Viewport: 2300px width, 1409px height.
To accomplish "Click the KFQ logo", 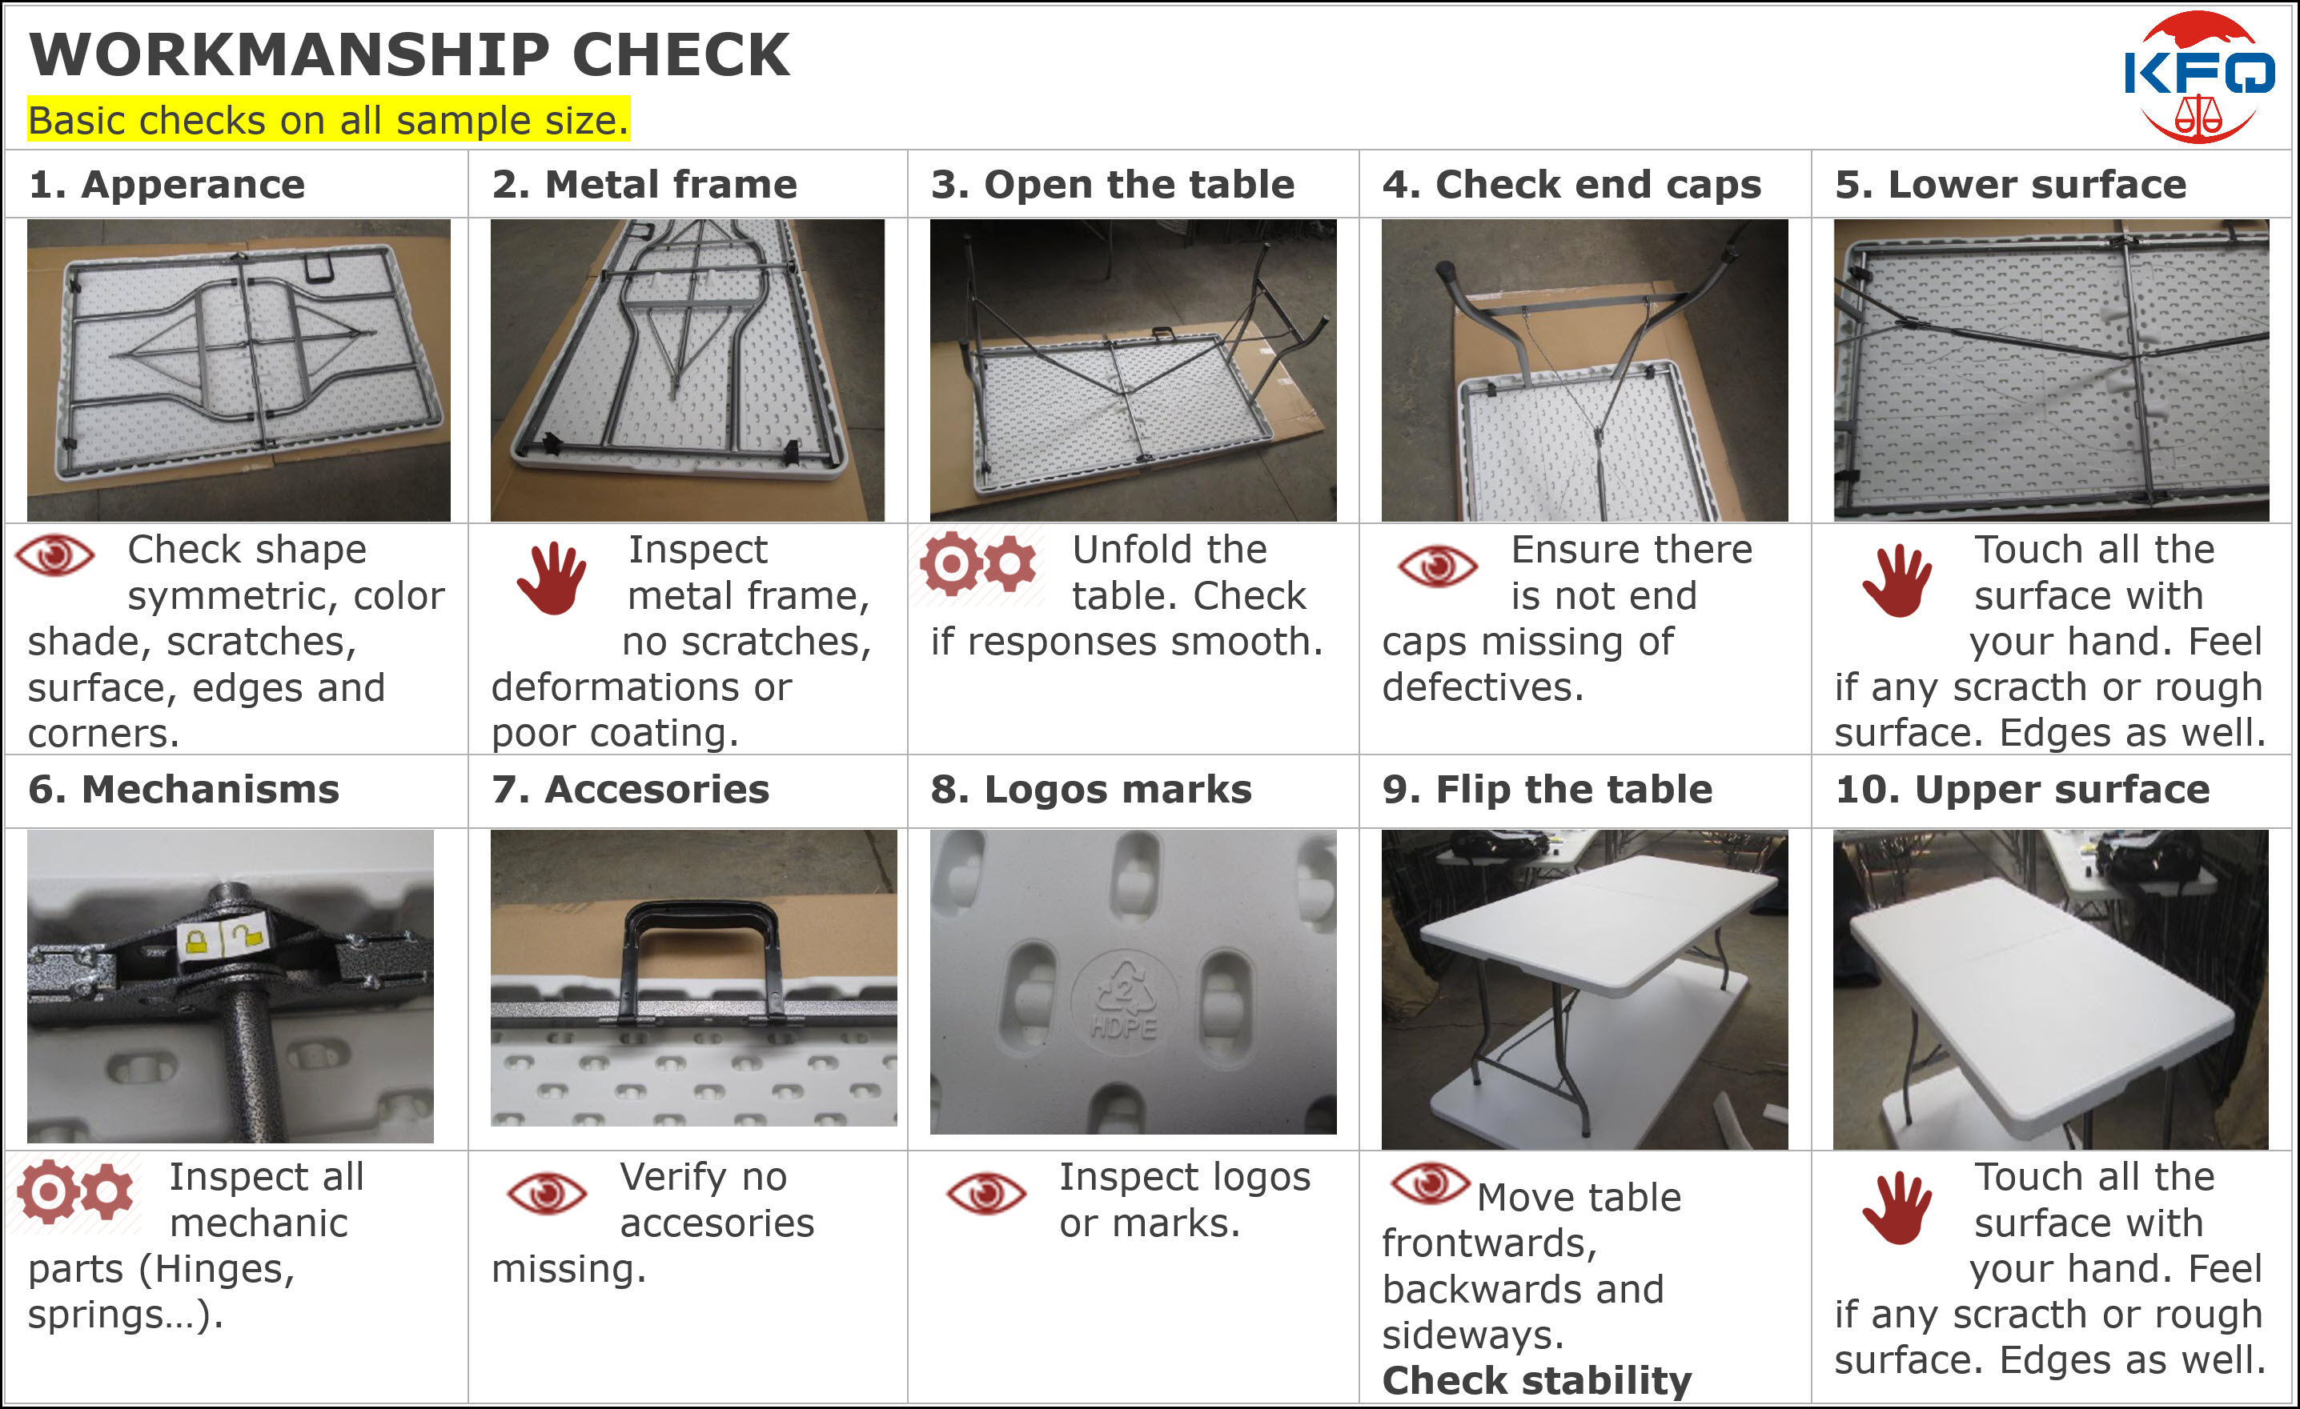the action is (x=2199, y=77).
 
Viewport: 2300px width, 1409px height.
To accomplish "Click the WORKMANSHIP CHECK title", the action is (x=410, y=55).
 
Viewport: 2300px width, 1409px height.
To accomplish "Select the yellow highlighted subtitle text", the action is (x=328, y=120).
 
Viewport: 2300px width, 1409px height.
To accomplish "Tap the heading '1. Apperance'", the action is (x=167, y=185).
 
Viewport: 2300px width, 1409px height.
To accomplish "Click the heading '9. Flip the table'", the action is (x=1547, y=791).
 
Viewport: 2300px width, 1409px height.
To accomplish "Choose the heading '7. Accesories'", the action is (x=631, y=791).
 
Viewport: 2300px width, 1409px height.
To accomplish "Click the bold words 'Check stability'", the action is (x=1537, y=1380).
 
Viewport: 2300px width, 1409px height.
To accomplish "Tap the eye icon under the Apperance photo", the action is (x=55, y=556).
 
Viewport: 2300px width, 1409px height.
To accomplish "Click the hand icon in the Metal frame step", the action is (x=552, y=578).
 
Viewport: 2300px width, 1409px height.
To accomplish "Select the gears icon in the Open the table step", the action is (x=978, y=562).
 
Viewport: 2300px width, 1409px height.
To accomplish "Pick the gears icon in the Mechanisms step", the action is (x=75, y=1191).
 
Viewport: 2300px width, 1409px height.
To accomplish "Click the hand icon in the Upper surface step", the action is (x=1897, y=1208).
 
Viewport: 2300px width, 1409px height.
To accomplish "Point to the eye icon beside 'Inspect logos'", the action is (x=986, y=1194).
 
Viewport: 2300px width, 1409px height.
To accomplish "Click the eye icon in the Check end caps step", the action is (x=1438, y=566).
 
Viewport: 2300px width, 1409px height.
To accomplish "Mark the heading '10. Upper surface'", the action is (x=2023, y=791).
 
